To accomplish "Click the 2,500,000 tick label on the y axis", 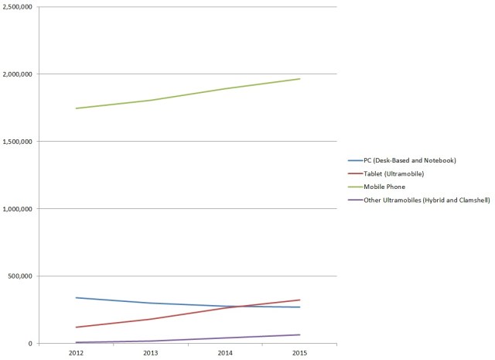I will point(18,7).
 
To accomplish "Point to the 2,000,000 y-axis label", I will point(18,74).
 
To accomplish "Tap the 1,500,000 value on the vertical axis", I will point(18,142).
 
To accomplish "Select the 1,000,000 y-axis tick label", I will point(18,209).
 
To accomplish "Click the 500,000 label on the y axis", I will point(21,276).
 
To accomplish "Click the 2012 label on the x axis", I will point(75,353).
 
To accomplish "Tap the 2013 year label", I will point(150,353).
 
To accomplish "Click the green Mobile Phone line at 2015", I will point(300,79).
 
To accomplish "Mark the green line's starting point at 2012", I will point(75,108).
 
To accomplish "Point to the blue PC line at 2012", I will point(75,298).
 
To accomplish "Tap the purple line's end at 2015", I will point(300,334).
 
